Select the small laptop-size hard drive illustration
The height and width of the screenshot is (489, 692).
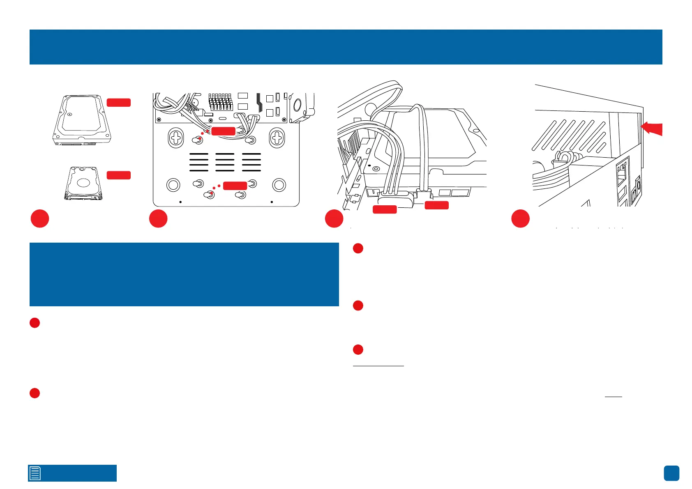click(83, 183)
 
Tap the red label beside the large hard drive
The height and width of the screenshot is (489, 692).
click(119, 103)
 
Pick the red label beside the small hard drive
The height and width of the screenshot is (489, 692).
click(119, 175)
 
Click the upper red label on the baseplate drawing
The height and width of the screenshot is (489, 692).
click(223, 131)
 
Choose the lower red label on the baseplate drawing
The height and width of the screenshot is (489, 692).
click(235, 186)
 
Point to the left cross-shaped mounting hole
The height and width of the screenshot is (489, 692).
click(176, 139)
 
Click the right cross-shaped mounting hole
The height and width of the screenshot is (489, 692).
click(277, 139)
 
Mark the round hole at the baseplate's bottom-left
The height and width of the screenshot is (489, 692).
click(173, 185)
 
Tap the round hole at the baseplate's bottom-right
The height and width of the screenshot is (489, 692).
click(279, 185)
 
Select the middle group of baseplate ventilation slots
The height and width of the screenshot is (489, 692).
click(225, 162)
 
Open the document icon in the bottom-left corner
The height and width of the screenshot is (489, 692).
click(35, 473)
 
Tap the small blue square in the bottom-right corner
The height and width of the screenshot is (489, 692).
click(671, 473)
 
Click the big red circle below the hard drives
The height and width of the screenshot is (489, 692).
click(40, 219)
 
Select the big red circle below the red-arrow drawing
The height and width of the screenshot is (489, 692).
click(520, 219)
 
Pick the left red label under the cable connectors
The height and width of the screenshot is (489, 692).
click(385, 210)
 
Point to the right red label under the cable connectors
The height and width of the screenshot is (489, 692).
click(436, 205)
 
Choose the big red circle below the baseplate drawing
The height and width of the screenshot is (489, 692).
click(158, 219)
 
